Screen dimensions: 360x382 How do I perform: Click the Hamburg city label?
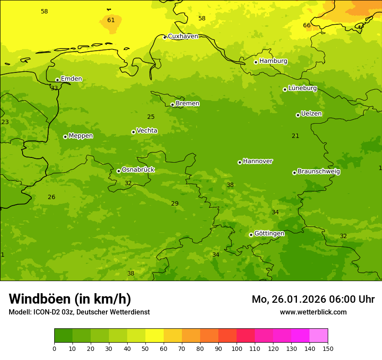coord(273,61)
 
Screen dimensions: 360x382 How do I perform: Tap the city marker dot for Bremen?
coord(172,105)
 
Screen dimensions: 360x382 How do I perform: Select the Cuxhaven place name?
coord(183,36)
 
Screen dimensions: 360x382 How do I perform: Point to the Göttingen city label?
coord(269,234)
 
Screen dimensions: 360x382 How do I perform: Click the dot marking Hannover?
coord(240,162)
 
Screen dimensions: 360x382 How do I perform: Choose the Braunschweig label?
coord(319,172)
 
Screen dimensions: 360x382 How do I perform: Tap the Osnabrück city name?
coord(138,170)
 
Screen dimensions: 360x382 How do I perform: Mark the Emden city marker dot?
coord(57,80)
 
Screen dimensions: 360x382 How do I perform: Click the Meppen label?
coord(81,136)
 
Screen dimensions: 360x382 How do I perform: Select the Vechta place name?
coord(147,131)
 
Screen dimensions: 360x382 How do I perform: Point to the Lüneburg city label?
coord(303,88)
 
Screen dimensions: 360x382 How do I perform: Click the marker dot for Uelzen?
coord(298,115)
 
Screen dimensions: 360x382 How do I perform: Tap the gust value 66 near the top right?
coord(306,26)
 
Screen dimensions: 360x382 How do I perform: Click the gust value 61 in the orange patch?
coord(111,20)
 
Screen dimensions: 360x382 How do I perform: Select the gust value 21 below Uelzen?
coord(295,136)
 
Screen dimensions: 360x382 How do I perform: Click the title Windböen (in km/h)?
coord(70,299)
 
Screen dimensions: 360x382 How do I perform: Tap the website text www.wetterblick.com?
coord(313,312)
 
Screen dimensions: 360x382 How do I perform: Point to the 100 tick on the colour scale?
coord(237,348)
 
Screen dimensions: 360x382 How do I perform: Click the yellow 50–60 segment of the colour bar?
coord(155,335)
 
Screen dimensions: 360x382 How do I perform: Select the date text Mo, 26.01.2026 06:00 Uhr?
coord(313,299)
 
